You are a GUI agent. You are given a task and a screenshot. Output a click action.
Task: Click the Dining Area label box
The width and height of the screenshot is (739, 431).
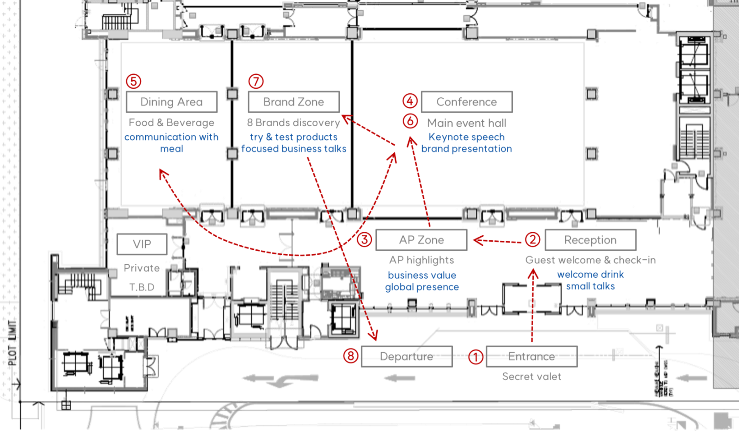tap(171, 102)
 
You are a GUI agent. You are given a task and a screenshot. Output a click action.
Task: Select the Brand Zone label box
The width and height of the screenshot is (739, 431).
tap(294, 102)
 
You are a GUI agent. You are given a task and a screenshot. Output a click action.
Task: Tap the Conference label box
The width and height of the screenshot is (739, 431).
tap(466, 102)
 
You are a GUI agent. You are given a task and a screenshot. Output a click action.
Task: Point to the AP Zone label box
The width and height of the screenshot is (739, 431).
tap(421, 240)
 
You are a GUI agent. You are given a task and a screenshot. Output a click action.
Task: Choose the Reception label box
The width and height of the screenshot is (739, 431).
tap(591, 240)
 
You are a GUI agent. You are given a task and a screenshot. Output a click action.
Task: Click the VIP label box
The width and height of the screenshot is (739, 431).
tap(142, 244)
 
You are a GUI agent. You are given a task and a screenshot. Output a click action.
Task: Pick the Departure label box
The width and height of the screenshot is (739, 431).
tap(406, 357)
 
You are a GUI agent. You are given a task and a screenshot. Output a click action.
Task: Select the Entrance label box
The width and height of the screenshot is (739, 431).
tap(531, 357)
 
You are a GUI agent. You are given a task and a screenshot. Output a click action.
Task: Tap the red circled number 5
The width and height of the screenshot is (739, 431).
tap(134, 81)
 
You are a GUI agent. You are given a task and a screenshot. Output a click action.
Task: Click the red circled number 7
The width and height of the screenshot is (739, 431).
tap(256, 81)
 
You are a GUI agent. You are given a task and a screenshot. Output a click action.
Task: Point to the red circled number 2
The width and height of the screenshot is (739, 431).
tap(533, 239)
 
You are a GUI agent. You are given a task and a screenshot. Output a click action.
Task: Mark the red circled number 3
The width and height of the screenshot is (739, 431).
tap(365, 239)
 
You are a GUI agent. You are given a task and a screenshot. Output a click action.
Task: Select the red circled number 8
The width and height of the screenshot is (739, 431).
tap(351, 356)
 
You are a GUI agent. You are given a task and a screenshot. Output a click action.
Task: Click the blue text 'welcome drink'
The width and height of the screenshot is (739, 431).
tap(591, 275)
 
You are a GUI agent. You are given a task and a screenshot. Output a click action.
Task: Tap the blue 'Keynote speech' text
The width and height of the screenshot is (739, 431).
tap(466, 137)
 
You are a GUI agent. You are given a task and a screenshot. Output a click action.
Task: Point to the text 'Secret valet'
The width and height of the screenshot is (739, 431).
tap(531, 376)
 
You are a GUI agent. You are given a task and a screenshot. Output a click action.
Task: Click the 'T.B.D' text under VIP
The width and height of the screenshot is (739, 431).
tap(142, 287)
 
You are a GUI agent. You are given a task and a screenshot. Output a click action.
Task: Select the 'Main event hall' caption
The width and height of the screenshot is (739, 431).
tap(466, 123)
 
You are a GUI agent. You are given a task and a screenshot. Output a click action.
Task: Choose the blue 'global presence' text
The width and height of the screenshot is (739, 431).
tap(422, 287)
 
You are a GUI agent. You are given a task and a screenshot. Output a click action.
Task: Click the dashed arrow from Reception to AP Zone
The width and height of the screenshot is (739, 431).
tap(499, 241)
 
